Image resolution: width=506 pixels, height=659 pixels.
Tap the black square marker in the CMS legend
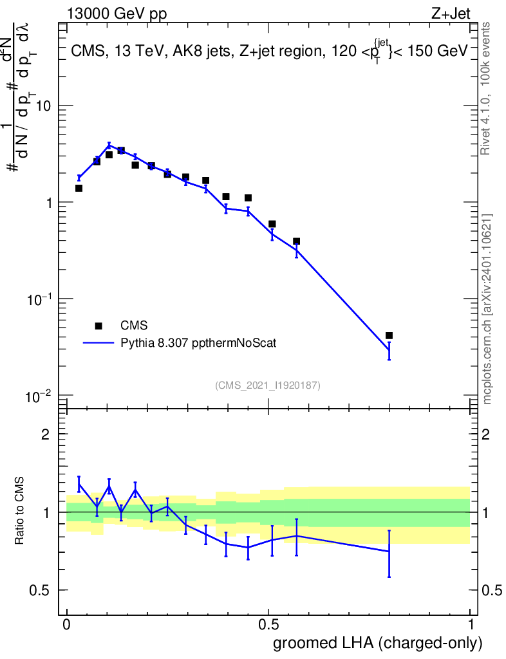tap(98, 326)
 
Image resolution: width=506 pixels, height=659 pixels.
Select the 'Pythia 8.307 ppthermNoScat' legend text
tap(199, 344)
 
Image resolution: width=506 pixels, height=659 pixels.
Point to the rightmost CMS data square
tap(389, 335)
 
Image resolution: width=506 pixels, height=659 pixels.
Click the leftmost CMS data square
tap(79, 188)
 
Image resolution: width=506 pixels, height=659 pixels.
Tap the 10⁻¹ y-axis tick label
tap(40, 299)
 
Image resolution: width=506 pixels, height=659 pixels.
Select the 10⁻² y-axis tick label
tap(40, 395)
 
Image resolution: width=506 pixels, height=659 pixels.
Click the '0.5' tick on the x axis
tap(268, 625)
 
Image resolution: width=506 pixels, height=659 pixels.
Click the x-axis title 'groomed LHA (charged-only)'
tap(378, 643)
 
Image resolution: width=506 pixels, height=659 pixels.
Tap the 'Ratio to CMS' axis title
tap(20, 512)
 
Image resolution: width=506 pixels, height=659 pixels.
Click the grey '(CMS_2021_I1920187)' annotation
tap(268, 385)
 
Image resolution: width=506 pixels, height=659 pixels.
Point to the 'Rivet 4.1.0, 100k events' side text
tap(487, 88)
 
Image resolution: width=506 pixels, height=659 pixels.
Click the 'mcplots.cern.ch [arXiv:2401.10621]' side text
tap(487, 309)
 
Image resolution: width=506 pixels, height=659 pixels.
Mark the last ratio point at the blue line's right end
tap(389, 552)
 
